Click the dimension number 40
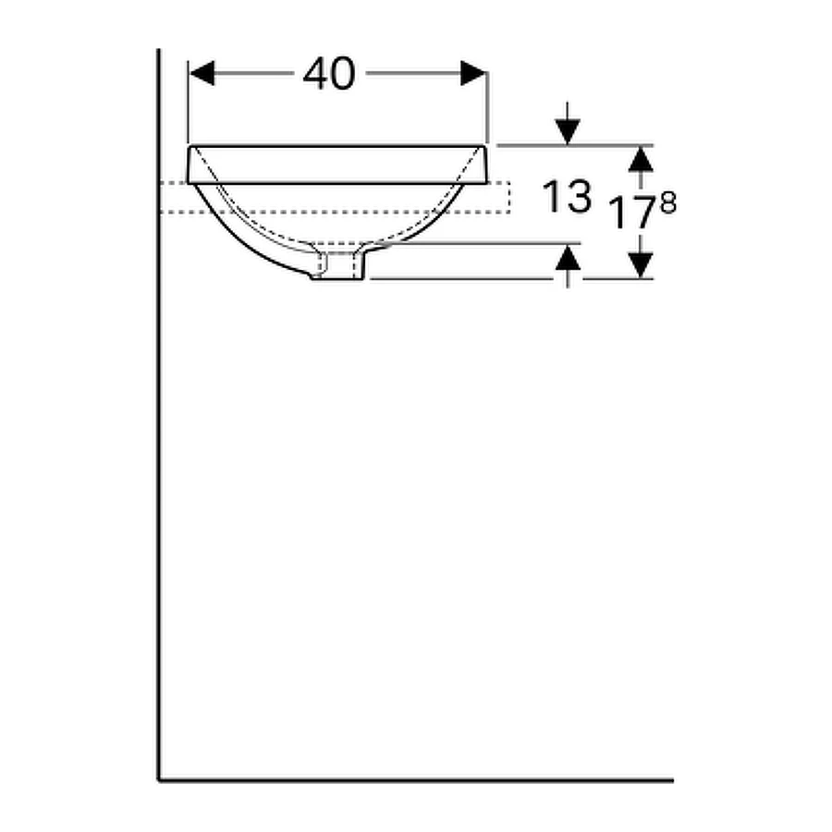tap(329, 73)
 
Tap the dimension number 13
tap(566, 196)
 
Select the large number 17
tap(632, 213)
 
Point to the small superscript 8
tap(668, 202)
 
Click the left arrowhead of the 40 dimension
tap(202, 73)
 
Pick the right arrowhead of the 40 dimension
tap(473, 73)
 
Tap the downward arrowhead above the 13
tap(568, 132)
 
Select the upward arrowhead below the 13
tap(568, 257)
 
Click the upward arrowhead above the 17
tap(641, 159)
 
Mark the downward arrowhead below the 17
tap(641, 265)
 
